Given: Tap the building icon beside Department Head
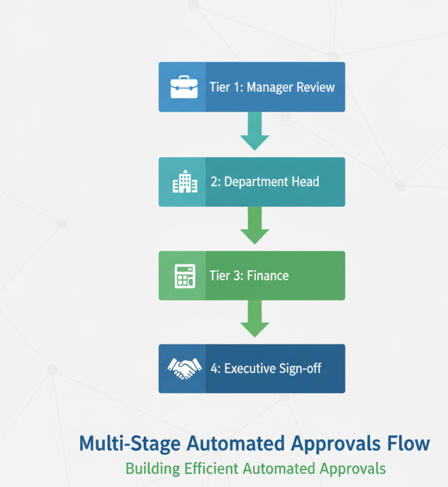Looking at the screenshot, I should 182,182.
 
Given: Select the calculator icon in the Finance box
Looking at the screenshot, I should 184,275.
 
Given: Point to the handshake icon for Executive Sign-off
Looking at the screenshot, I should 184,368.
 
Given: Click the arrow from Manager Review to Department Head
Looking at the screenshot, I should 254,131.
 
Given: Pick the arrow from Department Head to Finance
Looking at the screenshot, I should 254,225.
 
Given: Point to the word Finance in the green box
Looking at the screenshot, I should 268,275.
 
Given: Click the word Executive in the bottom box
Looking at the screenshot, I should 251,369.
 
